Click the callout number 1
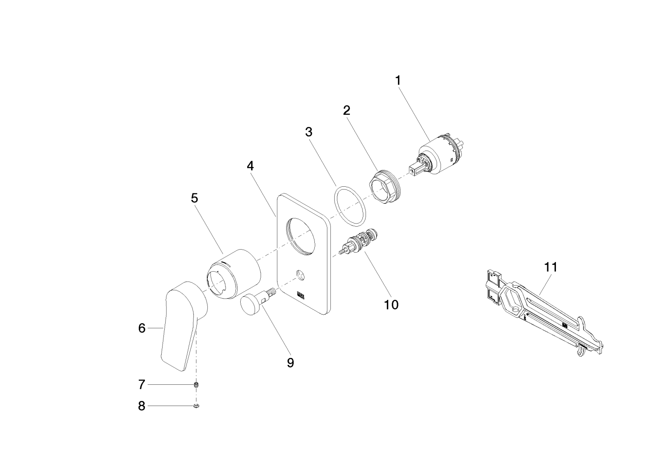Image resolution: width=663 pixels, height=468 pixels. coord(398,81)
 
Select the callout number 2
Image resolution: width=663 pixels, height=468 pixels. coord(346,110)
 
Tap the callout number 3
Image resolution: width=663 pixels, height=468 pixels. coord(309,132)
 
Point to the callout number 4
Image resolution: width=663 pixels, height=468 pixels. coord(250,166)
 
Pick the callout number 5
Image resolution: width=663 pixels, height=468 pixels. coord(194,198)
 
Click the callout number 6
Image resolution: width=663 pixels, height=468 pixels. coord(142,328)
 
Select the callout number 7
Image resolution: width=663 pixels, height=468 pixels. coord(142,384)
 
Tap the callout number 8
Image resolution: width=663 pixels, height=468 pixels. coord(142,406)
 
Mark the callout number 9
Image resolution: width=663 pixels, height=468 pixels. coord(291,363)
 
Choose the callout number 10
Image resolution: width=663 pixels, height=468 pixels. coord(391,305)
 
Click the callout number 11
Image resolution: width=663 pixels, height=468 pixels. coord(550,267)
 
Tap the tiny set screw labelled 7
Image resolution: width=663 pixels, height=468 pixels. coord(196,384)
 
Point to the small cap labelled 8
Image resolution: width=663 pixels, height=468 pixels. coord(196,406)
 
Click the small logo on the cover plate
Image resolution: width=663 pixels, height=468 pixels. coord(300,296)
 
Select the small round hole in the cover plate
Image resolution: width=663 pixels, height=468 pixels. coord(300,274)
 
